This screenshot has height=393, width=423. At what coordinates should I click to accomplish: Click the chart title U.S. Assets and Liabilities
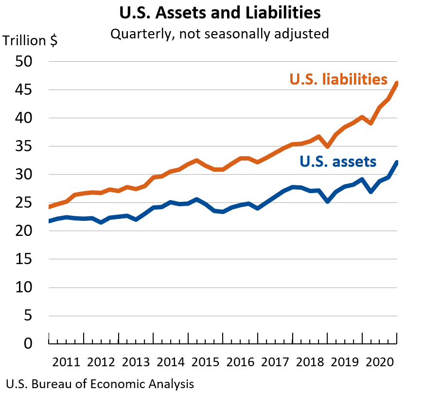[x=212, y=13]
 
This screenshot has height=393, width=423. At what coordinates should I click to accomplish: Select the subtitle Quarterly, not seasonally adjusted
[x=219, y=34]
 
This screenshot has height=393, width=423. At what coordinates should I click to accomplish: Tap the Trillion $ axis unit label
[x=30, y=41]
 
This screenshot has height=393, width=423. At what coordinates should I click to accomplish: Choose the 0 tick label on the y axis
[x=28, y=344]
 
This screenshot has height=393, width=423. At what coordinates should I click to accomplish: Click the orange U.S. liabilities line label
[x=338, y=79]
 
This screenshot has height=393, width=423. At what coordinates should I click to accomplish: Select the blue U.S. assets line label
[x=338, y=161]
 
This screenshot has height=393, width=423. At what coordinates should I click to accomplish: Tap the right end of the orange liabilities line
[x=397, y=83]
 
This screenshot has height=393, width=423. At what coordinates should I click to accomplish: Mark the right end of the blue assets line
[x=397, y=162]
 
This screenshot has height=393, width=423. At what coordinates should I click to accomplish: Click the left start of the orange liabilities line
[x=49, y=207]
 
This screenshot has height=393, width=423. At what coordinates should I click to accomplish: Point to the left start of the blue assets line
[x=49, y=221]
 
